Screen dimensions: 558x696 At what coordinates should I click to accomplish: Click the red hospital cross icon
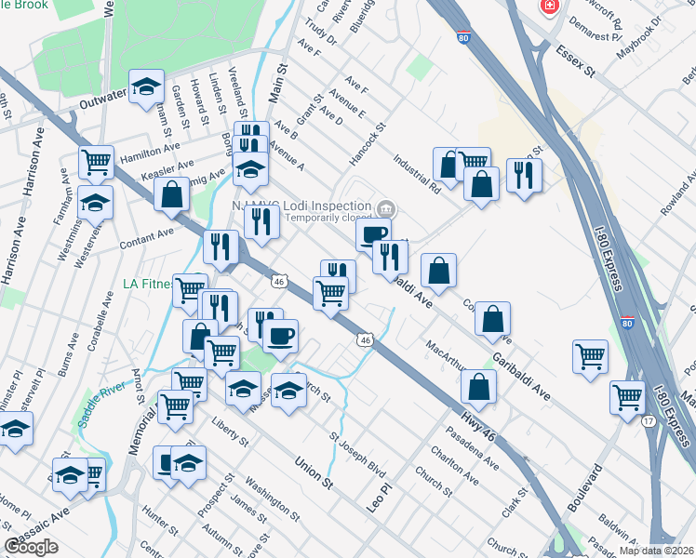(x=550, y=7)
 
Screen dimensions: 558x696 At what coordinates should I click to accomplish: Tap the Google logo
(x=31, y=547)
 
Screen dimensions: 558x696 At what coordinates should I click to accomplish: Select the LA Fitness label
(x=148, y=283)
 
